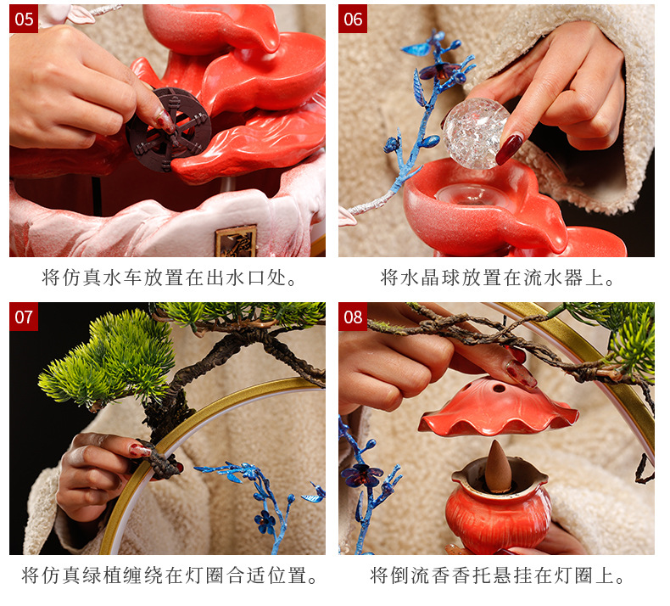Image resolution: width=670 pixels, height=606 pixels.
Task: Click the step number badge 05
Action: (24, 19)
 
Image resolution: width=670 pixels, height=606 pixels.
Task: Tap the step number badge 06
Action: (353, 19)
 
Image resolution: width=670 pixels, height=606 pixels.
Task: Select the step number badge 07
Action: (24, 317)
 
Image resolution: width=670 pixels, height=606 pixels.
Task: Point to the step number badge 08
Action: (353, 317)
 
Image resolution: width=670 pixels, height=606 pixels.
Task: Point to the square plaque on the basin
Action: (236, 241)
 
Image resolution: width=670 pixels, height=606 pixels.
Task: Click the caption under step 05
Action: (170, 278)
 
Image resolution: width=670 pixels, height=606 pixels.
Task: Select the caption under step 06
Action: (498, 278)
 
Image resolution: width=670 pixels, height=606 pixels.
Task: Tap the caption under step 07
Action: (170, 576)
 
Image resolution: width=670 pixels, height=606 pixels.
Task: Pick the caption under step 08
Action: (498, 576)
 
